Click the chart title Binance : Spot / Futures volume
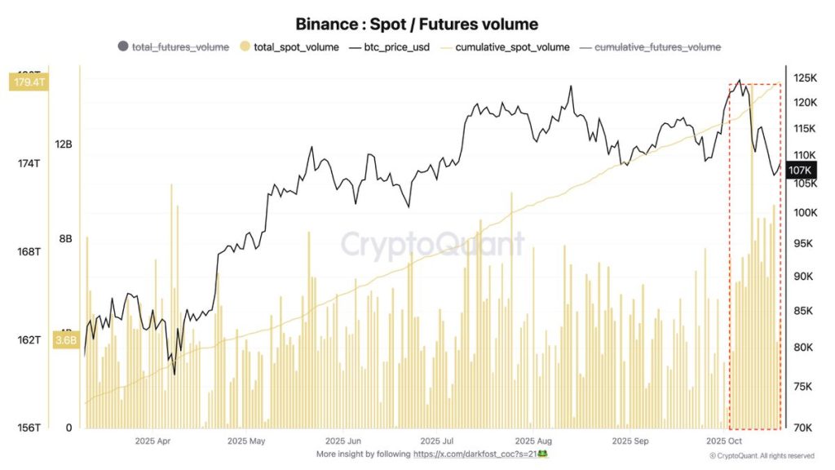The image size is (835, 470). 417,24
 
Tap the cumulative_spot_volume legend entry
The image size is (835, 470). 506,47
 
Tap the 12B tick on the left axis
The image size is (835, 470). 64,144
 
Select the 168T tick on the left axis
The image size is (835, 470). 28,251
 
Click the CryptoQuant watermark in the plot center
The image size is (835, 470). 432,244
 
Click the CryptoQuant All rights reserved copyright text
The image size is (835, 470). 762,455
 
